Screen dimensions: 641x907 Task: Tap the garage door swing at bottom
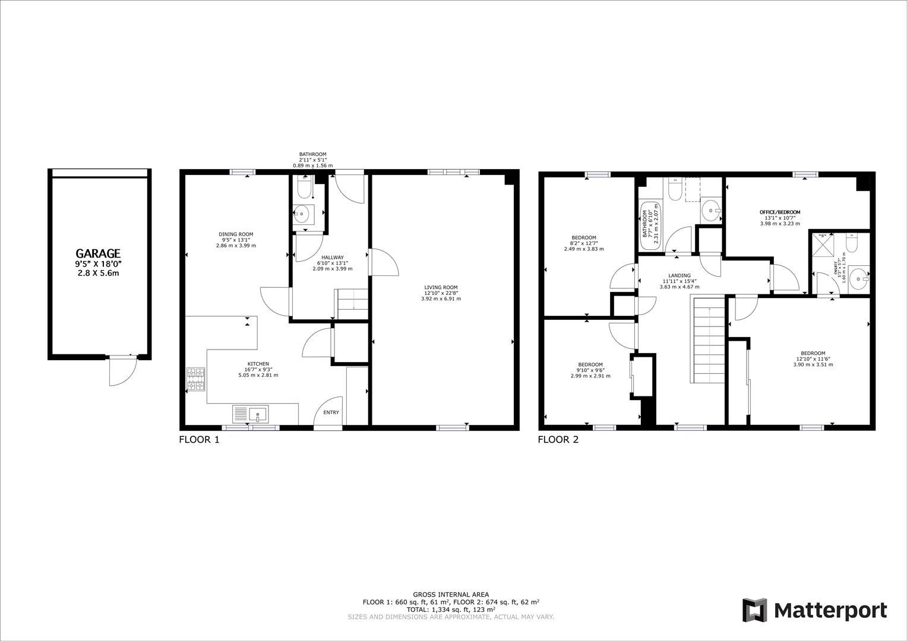[x=122, y=372]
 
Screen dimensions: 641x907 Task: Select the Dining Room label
[x=236, y=234]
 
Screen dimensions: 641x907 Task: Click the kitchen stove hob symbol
[x=195, y=380]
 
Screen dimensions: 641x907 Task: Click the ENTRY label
[x=331, y=412]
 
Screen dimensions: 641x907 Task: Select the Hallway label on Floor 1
[x=332, y=258]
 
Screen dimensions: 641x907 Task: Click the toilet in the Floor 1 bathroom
[x=304, y=188]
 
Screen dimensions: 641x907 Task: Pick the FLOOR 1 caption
[x=199, y=440]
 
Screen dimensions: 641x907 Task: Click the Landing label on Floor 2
[x=679, y=275]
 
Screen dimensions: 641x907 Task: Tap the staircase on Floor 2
[x=709, y=341]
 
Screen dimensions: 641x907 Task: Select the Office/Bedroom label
[x=779, y=212]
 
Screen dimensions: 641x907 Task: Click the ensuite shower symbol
[x=823, y=245]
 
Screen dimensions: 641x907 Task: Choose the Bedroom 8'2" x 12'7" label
[x=583, y=238]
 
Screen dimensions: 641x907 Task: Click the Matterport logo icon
[x=755, y=610]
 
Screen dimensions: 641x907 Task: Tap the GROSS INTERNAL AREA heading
[x=451, y=594]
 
